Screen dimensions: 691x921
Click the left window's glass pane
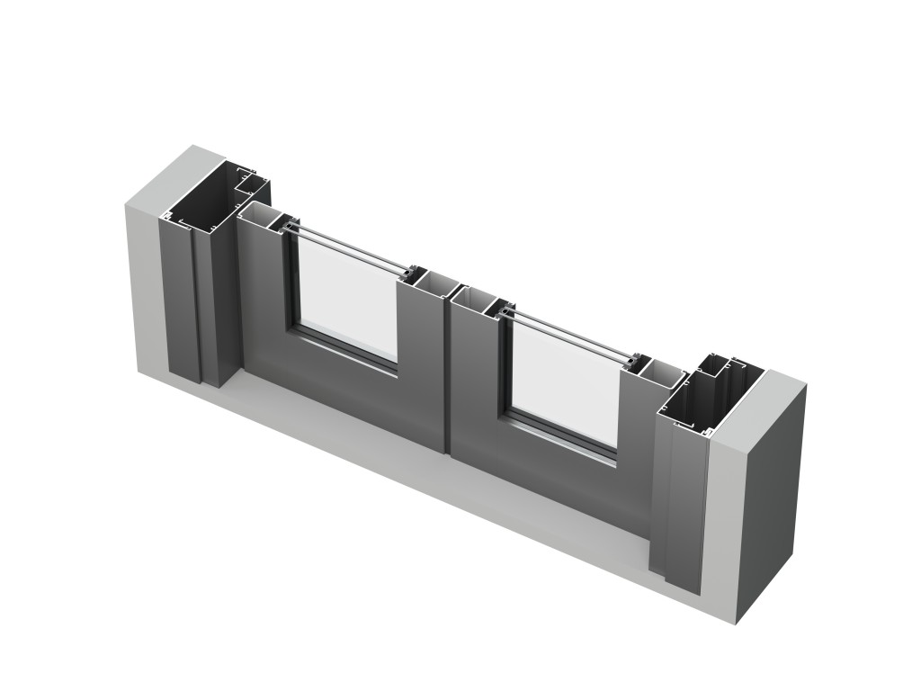pyautogui.click(x=346, y=297)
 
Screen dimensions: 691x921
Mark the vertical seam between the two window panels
pyautogui.click(x=446, y=378)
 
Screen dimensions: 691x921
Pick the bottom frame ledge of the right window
pyautogui.click(x=562, y=441)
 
